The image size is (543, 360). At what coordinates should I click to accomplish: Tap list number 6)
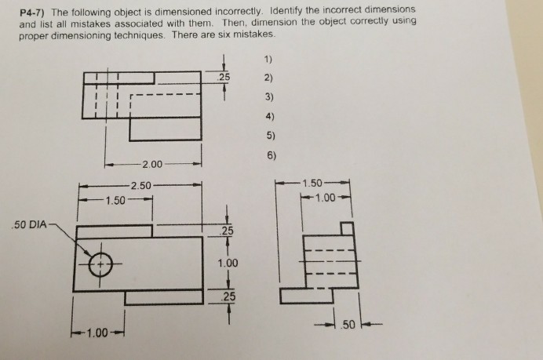270,155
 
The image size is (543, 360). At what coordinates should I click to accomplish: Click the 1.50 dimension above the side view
314,184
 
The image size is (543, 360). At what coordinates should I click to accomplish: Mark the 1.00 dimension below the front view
97,333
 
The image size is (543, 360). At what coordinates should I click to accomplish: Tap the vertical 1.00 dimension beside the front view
227,264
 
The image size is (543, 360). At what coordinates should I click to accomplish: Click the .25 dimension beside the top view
224,77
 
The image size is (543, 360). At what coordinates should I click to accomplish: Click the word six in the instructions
242,36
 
